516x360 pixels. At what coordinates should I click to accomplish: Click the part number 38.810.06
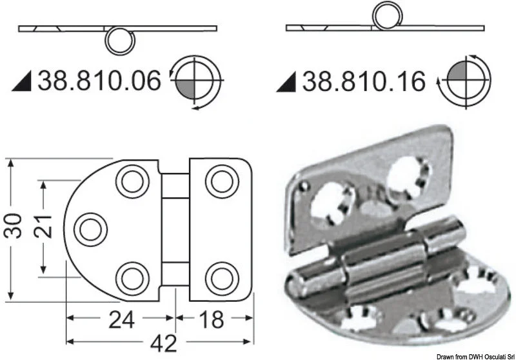pyautogui.click(x=99, y=81)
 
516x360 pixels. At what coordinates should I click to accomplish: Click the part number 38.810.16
pyautogui.click(x=364, y=81)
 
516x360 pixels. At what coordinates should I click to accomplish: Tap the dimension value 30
pyautogui.click(x=12, y=226)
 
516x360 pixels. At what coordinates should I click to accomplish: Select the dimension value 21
pyautogui.click(x=43, y=226)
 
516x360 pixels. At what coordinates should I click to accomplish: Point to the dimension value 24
pyautogui.click(x=121, y=319)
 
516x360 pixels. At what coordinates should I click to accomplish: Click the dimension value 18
pyautogui.click(x=212, y=319)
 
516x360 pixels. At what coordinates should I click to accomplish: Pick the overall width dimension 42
pyautogui.click(x=164, y=343)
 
